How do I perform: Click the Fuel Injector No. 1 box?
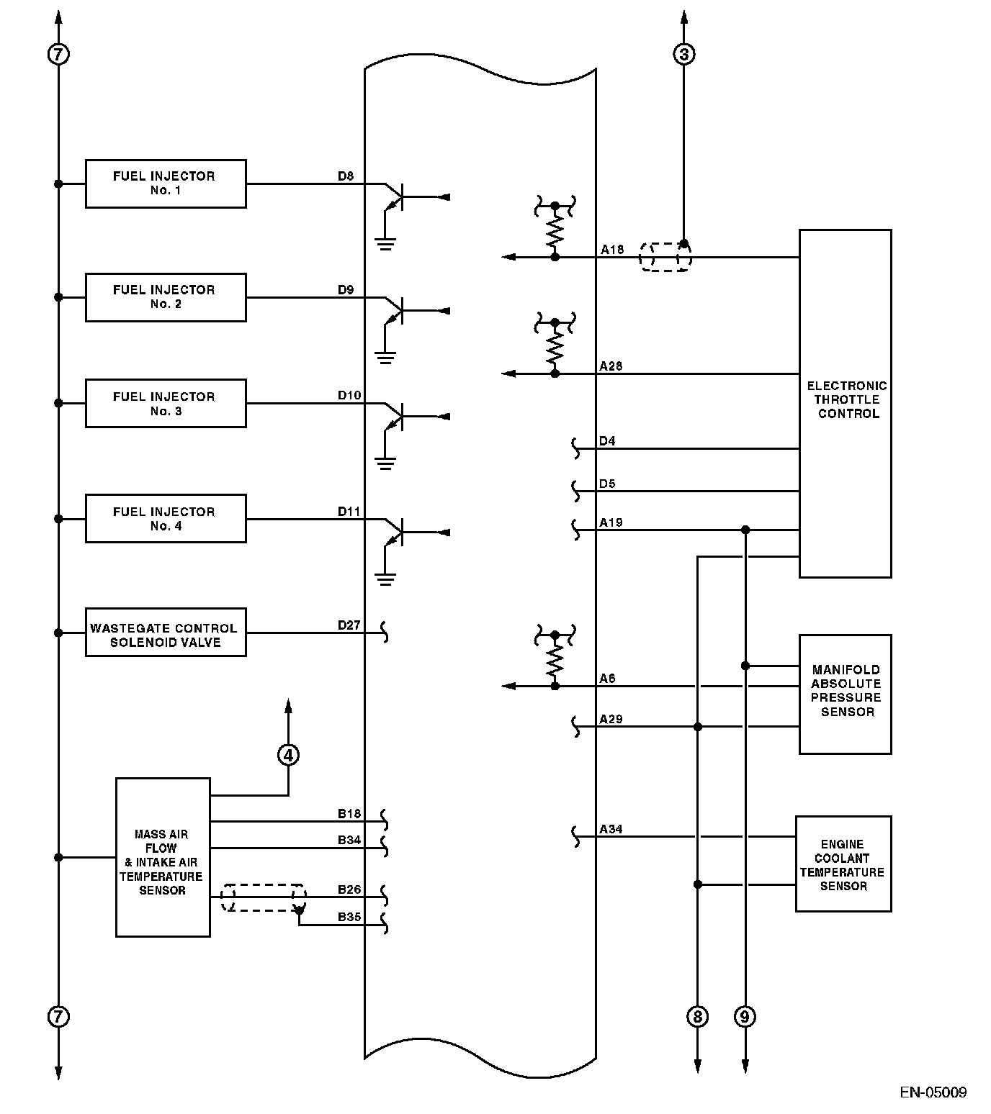point(165,184)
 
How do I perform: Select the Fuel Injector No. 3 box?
point(165,404)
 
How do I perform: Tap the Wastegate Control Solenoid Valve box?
point(165,633)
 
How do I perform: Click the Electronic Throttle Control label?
point(847,399)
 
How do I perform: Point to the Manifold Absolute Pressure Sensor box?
point(845,693)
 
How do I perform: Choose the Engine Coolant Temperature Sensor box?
point(843,864)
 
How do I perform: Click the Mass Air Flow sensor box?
point(163,857)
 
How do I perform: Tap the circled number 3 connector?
point(683,53)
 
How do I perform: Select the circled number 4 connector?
point(288,754)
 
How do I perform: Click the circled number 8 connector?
point(697,1016)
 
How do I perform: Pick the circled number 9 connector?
point(745,1016)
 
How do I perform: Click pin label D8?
point(346,176)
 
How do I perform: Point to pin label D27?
point(349,625)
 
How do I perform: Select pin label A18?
point(611,249)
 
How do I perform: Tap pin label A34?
point(611,829)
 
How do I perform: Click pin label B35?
point(349,917)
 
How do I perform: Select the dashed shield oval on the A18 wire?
point(665,257)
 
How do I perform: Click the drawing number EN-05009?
point(933,1092)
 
